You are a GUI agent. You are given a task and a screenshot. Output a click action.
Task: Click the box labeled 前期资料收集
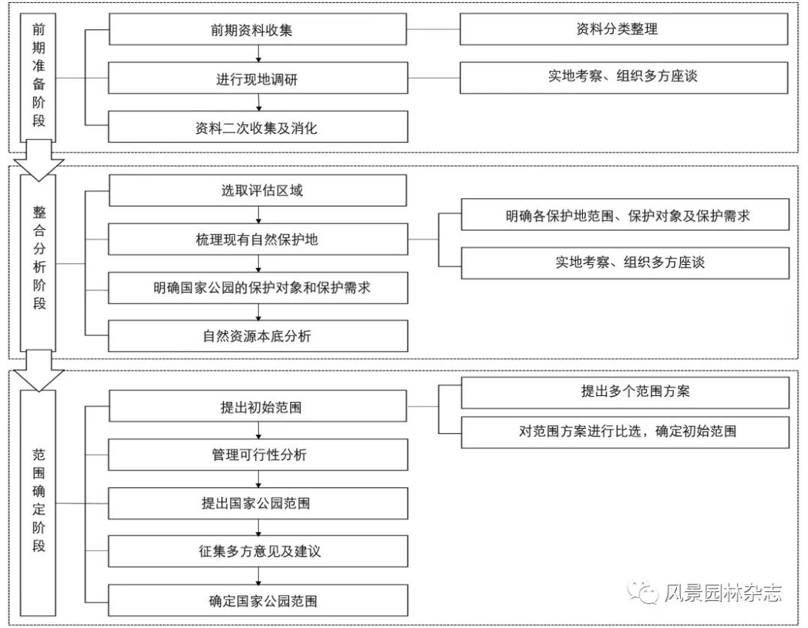click(x=257, y=29)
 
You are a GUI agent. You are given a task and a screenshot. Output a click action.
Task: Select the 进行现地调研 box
click(x=257, y=79)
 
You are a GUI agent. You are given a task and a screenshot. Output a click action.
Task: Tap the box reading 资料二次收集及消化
click(x=257, y=126)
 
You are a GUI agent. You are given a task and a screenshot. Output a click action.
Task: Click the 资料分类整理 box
click(x=623, y=29)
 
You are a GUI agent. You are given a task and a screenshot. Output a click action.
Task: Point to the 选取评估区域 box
click(x=257, y=190)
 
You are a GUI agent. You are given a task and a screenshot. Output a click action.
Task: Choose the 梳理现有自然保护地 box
click(x=257, y=240)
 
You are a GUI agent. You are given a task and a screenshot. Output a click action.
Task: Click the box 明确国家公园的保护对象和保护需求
click(x=257, y=287)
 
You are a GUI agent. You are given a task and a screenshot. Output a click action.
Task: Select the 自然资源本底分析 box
click(x=257, y=336)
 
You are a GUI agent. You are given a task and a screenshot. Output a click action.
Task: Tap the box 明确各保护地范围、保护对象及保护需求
click(x=625, y=215)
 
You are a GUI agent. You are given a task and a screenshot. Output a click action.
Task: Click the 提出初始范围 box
click(x=257, y=406)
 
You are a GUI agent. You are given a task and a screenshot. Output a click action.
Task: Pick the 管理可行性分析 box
click(x=257, y=455)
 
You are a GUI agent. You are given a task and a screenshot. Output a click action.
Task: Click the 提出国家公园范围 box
click(x=257, y=503)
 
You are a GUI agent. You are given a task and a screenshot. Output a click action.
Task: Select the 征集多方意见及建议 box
click(x=257, y=551)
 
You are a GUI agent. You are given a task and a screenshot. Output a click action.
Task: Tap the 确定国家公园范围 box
click(x=257, y=600)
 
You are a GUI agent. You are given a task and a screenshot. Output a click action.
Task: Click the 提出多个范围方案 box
click(x=625, y=392)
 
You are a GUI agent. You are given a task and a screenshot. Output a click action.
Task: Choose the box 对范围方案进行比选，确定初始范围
click(x=625, y=432)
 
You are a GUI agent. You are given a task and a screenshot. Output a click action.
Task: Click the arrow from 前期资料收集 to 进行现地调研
click(x=259, y=54)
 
